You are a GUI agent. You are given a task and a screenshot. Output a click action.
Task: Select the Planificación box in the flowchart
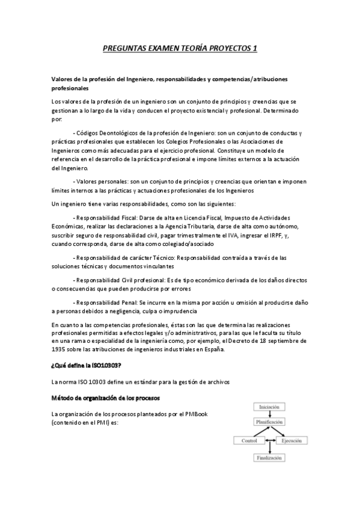[x=270, y=423]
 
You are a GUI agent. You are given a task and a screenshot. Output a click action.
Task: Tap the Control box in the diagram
[x=249, y=440]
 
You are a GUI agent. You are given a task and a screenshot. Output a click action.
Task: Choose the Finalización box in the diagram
[x=270, y=457]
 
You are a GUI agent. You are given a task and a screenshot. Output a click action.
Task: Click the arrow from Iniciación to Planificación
[x=270, y=415]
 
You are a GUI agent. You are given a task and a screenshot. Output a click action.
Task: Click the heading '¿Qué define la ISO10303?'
[x=87, y=364]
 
